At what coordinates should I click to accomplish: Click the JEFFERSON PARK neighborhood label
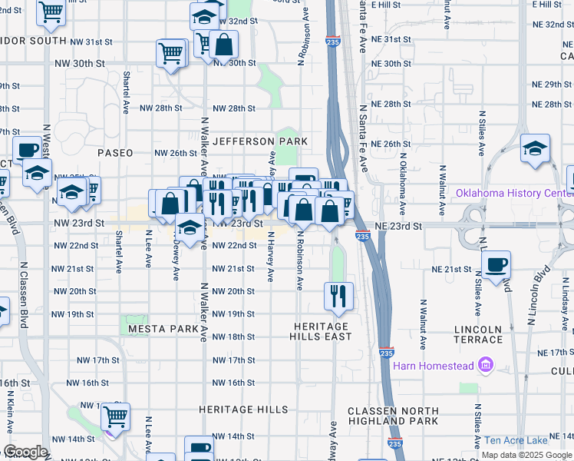click(260, 141)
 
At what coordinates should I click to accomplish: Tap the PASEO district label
click(115, 153)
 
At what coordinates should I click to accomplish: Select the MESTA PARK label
click(163, 329)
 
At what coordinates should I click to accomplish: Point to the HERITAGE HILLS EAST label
click(321, 331)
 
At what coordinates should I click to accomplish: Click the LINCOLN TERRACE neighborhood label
click(478, 334)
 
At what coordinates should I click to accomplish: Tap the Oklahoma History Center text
click(514, 193)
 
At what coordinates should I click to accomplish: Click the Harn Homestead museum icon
click(485, 366)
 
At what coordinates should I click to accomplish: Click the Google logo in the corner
click(25, 452)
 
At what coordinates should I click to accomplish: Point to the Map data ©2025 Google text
click(526, 455)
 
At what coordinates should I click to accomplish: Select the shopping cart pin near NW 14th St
click(115, 417)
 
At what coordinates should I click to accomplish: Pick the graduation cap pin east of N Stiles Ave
click(534, 148)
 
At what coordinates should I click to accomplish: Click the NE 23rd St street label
click(399, 227)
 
